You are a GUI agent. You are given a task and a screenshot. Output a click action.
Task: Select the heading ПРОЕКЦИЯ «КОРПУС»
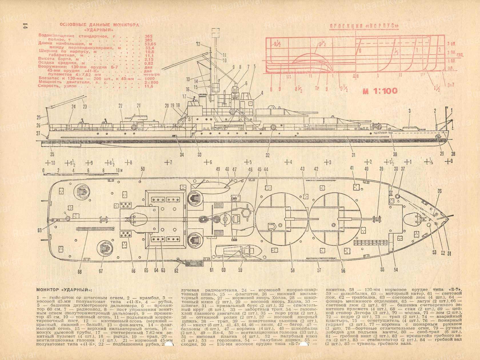(x=364, y=27)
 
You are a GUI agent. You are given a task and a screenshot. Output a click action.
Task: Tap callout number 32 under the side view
(x=267, y=155)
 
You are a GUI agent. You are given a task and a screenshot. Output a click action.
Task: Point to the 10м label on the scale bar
(x=119, y=171)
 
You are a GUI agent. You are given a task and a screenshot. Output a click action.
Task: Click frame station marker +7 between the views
(x=168, y=162)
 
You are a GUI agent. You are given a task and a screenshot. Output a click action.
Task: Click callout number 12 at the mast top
(x=198, y=44)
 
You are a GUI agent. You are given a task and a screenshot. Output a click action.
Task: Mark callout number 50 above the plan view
(x=143, y=169)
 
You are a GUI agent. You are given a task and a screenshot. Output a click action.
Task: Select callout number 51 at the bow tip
(x=450, y=252)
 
